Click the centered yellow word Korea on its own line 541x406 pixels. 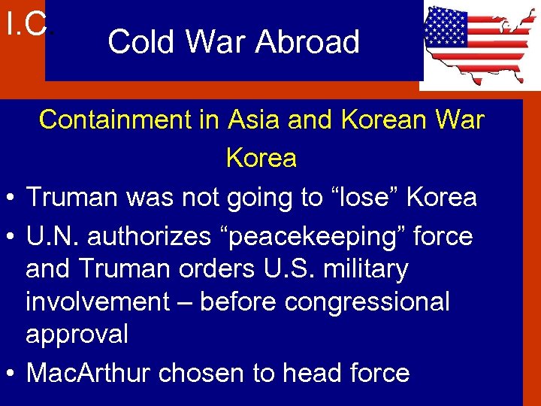tap(261, 158)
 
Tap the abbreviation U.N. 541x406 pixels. tap(53, 236)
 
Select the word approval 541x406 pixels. tap(77, 334)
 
